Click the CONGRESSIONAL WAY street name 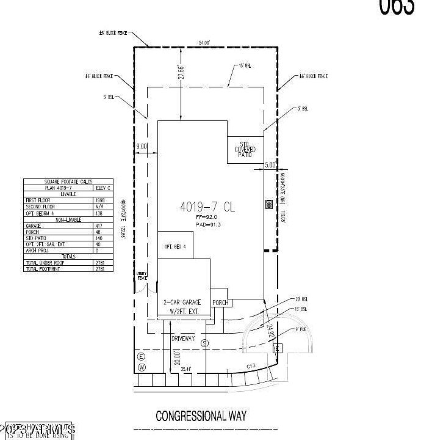(x=201, y=416)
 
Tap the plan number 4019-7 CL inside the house (x=207, y=207)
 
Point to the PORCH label (x=220, y=302)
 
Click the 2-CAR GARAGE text (x=182, y=302)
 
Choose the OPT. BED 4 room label (x=175, y=246)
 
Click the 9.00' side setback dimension (x=142, y=146)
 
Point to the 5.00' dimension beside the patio (x=270, y=164)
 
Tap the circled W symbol (x=142, y=367)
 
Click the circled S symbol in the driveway (x=205, y=343)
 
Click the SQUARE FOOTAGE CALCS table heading (x=68, y=182)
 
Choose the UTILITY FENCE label (x=143, y=276)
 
